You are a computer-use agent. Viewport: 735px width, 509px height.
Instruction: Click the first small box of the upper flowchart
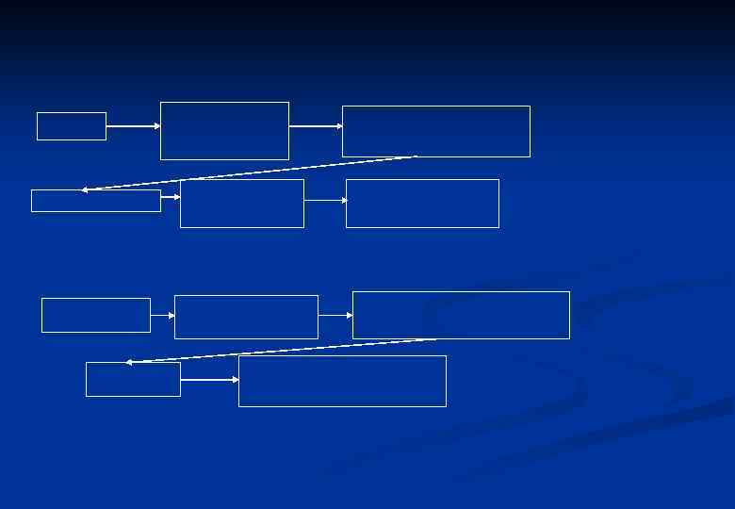[72, 126]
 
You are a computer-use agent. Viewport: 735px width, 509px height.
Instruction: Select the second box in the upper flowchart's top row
[224, 131]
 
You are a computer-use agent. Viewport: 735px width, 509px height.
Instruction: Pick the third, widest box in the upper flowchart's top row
[435, 131]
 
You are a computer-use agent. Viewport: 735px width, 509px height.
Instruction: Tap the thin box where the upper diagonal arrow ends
[95, 201]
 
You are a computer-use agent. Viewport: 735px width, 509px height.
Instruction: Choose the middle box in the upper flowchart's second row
[241, 204]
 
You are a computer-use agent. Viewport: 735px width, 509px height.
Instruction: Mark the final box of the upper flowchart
[422, 204]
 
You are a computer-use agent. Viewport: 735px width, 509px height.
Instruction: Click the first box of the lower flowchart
[95, 315]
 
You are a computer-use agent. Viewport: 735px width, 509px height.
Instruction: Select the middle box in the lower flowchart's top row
[246, 317]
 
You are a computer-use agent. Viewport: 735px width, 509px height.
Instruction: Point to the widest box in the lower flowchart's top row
[461, 315]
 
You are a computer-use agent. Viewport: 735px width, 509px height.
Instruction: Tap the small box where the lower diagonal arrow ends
[133, 379]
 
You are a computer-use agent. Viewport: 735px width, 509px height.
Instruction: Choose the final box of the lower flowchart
[342, 381]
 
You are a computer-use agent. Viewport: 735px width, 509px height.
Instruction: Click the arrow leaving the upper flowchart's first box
[133, 125]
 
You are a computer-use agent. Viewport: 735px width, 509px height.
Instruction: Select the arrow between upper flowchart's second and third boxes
[316, 125]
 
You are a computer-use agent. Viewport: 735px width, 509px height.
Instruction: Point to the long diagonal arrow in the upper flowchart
[250, 173]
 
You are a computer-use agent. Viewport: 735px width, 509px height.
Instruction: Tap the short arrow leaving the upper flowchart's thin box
[171, 197]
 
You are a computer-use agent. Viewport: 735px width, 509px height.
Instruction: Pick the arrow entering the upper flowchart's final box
[325, 200]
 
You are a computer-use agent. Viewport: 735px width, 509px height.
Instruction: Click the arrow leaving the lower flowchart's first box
[162, 316]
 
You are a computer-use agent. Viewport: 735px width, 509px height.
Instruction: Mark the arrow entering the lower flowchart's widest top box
[335, 316]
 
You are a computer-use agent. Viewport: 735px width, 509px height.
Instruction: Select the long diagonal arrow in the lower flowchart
[281, 351]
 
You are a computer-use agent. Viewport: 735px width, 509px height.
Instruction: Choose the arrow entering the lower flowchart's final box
[209, 380]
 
